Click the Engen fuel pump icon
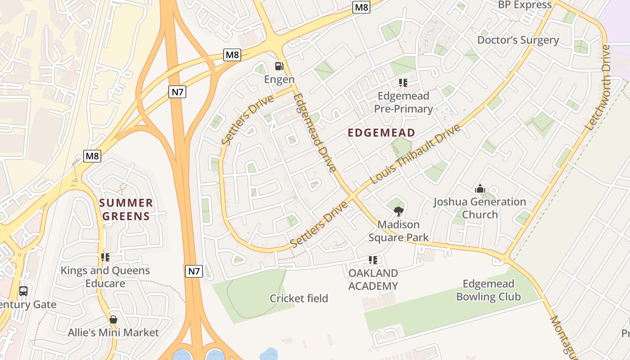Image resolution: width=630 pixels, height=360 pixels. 279,66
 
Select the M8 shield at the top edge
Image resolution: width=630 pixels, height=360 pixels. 361,7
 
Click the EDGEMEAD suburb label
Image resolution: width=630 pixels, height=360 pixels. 382,133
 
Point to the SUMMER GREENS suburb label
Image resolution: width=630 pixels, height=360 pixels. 126,210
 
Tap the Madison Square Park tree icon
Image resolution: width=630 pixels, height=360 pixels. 398,211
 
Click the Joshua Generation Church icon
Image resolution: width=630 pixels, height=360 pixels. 480,189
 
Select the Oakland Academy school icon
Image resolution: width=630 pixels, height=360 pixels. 373,260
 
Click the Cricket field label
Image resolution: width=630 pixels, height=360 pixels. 299,298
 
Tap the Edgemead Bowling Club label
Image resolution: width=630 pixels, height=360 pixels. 488,290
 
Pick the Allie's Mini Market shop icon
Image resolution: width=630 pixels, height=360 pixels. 113,319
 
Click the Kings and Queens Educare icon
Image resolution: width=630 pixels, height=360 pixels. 105,257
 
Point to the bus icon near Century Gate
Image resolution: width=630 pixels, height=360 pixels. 23,291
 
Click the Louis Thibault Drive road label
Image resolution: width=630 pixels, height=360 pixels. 415,154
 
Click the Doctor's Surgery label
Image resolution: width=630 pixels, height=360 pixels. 518,40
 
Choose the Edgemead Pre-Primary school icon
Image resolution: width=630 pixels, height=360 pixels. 403,82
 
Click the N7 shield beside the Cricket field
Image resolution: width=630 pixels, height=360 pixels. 194,271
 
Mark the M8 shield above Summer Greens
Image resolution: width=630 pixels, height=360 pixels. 92,156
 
